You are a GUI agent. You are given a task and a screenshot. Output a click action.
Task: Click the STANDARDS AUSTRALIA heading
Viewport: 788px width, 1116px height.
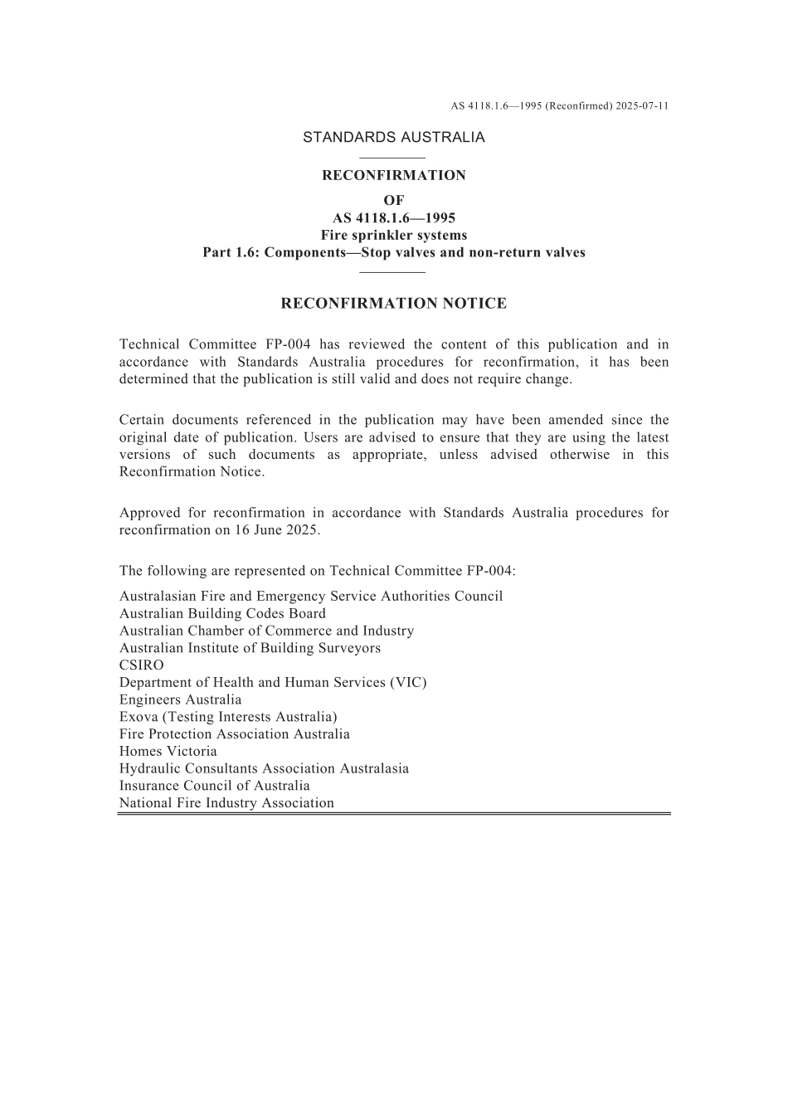393,138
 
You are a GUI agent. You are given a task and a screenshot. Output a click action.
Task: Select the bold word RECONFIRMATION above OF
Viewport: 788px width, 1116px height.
393,176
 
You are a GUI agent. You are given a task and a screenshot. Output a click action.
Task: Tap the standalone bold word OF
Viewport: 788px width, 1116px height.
393,201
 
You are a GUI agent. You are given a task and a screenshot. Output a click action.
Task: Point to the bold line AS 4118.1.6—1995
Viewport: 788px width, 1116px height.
393,218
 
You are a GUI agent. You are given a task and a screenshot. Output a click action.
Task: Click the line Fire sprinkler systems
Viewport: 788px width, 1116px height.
393,236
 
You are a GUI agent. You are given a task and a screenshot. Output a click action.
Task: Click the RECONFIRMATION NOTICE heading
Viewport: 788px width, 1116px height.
393,304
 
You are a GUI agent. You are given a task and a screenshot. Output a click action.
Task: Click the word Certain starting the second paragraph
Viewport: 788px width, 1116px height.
145,420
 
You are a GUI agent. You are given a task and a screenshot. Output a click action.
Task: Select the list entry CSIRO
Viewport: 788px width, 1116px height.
142,665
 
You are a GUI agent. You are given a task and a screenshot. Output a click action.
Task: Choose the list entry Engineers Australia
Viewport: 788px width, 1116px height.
180,699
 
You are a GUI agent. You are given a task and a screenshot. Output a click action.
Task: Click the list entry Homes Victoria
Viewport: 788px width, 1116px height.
168,752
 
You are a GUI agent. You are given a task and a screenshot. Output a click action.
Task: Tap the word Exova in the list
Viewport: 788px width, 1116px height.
138,717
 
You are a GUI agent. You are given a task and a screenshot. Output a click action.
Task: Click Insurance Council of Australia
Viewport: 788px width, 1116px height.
214,786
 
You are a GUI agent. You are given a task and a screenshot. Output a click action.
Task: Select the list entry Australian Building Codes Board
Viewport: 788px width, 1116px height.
222,614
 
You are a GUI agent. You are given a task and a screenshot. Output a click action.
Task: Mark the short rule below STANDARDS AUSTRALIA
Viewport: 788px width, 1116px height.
393,158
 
